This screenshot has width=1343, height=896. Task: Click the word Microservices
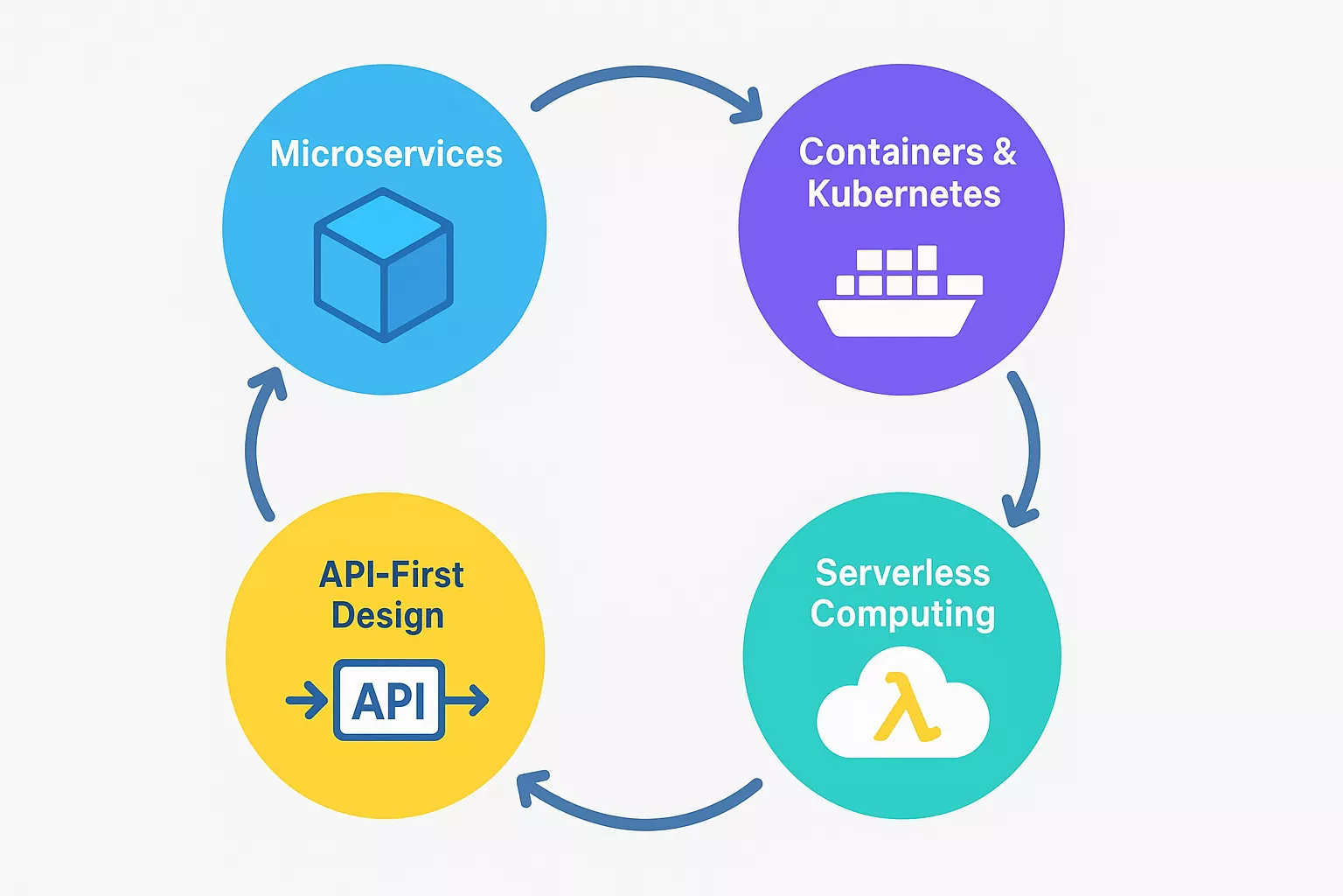(386, 154)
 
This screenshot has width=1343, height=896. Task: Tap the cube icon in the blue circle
(384, 265)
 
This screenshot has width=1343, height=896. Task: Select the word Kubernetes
(903, 194)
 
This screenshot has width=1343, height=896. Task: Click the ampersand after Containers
(1005, 152)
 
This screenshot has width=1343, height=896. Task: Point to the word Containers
(891, 152)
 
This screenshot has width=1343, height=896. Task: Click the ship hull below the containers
(896, 318)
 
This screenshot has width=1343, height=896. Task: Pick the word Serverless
(902, 573)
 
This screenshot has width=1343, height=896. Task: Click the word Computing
(902, 614)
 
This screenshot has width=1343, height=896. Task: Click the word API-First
(391, 575)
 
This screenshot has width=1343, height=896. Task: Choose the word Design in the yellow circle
(387, 616)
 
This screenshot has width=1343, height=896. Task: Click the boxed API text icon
(389, 700)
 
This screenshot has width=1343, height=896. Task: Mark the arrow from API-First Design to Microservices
(254, 446)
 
